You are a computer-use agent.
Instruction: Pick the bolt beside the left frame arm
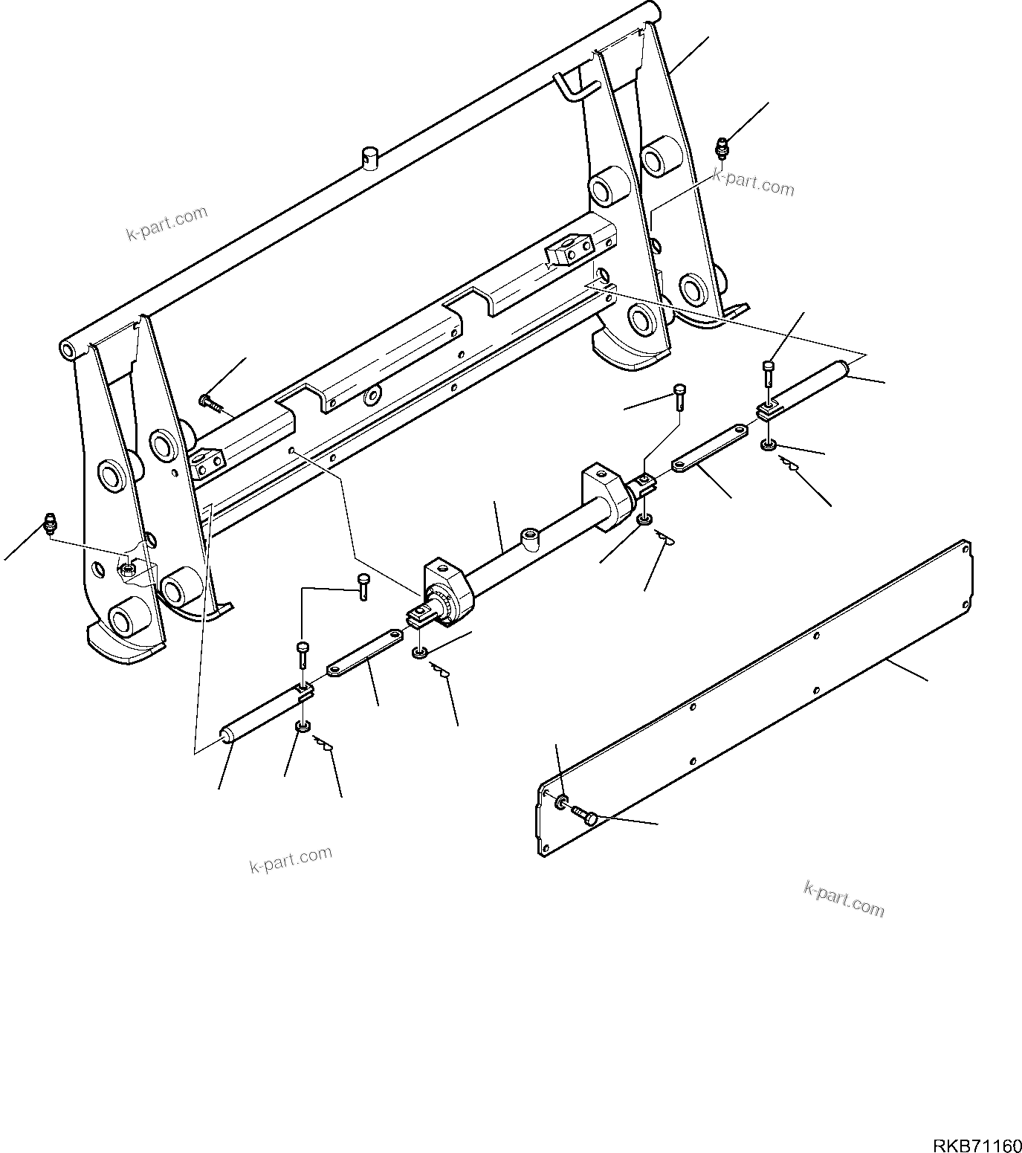click(x=209, y=402)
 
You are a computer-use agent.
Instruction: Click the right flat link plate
click(x=710, y=448)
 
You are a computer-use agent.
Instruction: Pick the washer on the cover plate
click(x=563, y=801)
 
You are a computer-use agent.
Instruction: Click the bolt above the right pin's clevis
click(x=769, y=372)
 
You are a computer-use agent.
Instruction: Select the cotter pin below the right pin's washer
click(x=790, y=465)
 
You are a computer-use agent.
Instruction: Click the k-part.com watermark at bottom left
click(x=291, y=860)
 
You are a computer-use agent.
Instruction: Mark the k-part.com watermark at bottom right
click(x=844, y=898)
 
